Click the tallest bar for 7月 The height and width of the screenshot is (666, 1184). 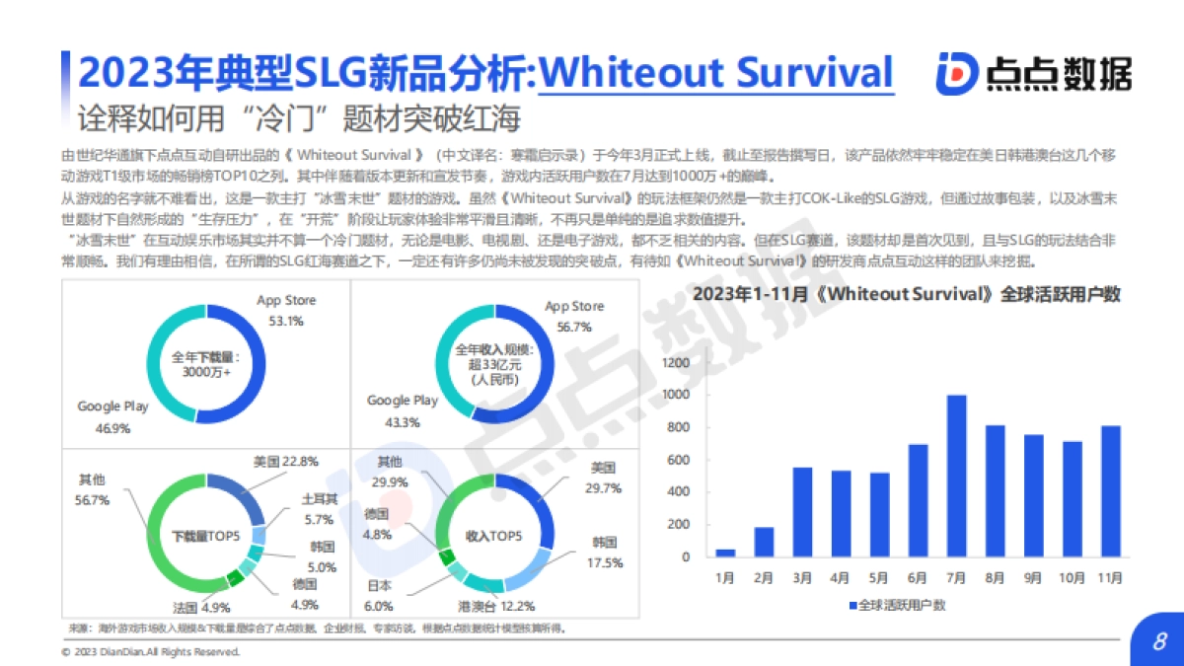[x=956, y=477]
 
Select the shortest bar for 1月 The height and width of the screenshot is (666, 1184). [x=725, y=553]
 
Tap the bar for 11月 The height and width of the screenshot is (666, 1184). [x=1110, y=491]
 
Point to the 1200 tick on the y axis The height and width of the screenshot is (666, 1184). [x=673, y=363]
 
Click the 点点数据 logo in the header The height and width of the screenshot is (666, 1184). [x=1033, y=74]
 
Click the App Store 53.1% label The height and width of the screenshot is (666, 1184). [x=286, y=308]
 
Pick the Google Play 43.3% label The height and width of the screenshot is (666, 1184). [x=402, y=411]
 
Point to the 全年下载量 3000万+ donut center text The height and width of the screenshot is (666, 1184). [x=205, y=364]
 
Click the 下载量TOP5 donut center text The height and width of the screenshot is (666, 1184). [x=205, y=536]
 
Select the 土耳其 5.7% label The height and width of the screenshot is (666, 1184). [x=319, y=509]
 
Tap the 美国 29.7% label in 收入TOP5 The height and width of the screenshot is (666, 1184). [x=603, y=477]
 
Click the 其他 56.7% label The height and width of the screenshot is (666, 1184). [x=94, y=489]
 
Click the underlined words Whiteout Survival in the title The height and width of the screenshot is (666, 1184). [x=717, y=73]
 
